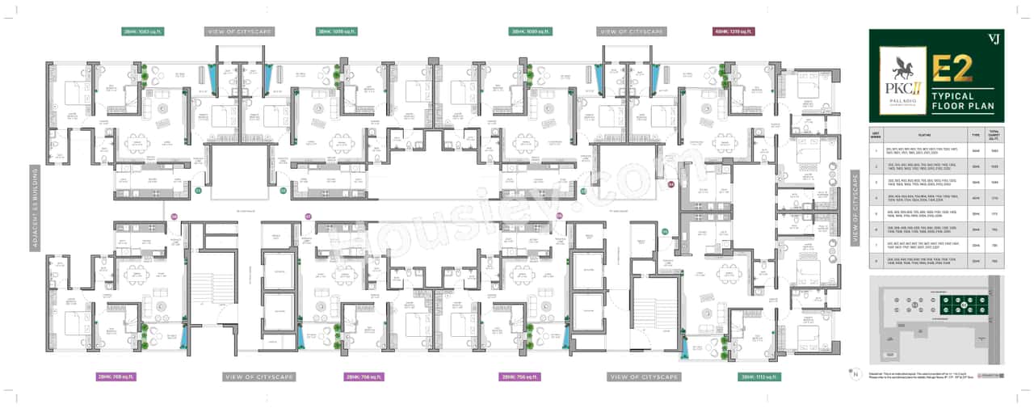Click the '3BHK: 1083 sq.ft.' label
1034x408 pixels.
pyautogui.click(x=141, y=32)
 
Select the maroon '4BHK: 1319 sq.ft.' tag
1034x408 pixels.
pyautogui.click(x=733, y=32)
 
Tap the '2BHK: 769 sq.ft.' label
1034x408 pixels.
pyautogui.click(x=116, y=376)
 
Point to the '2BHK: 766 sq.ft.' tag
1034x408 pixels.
pyautogui.click(x=364, y=376)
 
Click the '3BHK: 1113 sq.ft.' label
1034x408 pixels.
pyautogui.click(x=759, y=376)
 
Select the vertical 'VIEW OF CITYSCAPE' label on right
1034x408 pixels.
pyautogui.click(x=855, y=208)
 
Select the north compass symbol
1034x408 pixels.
pyautogui.click(x=854, y=373)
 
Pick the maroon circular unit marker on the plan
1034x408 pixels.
pyautogui.click(x=670, y=184)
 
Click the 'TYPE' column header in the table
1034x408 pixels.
pyautogui.click(x=975, y=136)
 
